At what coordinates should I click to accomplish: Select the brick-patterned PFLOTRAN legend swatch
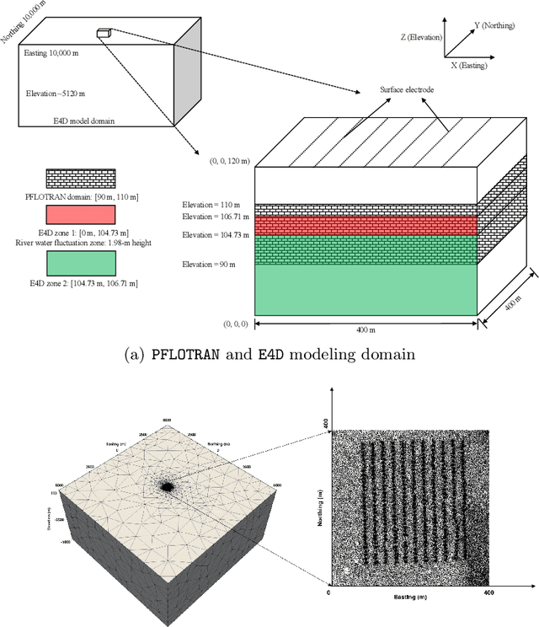point(79,178)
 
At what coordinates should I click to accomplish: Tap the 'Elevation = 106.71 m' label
point(210,217)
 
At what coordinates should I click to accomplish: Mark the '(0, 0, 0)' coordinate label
point(237,323)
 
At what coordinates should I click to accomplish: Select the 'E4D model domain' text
point(81,121)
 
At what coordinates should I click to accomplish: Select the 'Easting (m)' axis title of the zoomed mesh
point(413,594)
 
